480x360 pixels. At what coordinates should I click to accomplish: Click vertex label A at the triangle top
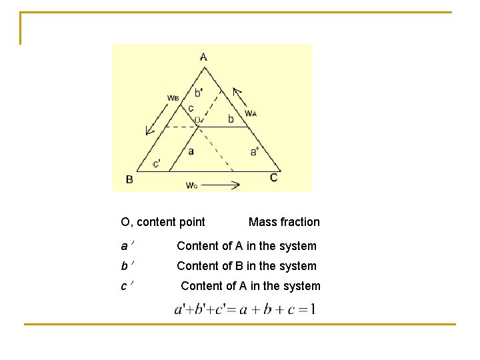203,57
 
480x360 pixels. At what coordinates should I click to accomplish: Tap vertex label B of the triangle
129,179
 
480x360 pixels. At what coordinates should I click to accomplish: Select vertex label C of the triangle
273,177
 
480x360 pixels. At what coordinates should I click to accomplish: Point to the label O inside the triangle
197,120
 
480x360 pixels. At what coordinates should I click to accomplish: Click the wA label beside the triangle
251,113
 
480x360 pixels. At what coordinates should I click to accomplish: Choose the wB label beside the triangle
173,97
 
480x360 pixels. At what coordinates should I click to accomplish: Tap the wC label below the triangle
191,185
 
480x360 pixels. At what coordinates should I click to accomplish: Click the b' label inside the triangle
199,93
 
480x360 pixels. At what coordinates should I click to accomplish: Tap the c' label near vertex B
156,163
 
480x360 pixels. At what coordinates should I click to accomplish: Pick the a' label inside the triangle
255,152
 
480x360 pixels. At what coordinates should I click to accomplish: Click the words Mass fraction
284,222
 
